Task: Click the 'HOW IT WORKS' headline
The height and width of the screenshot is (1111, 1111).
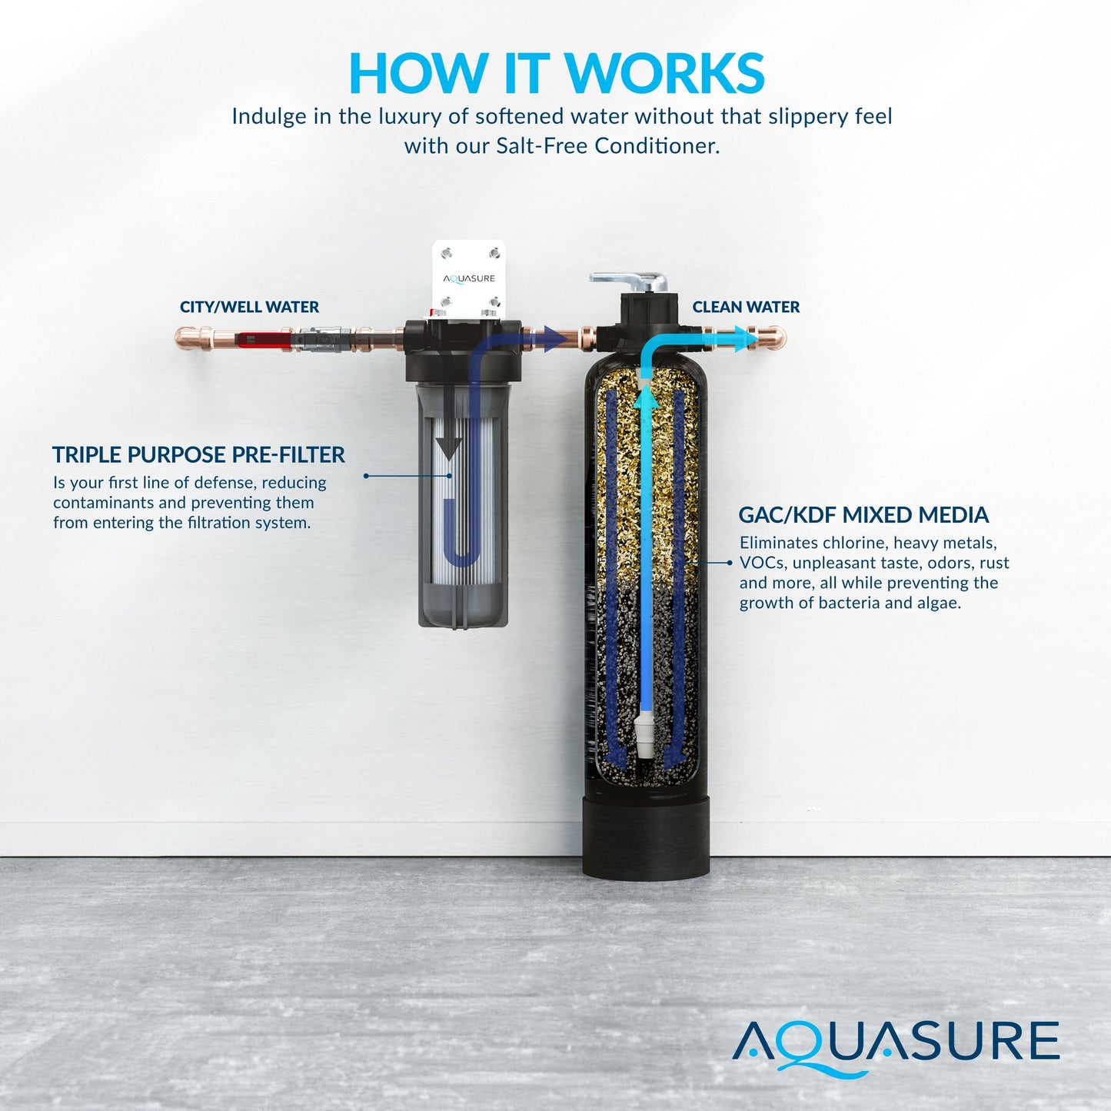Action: pyautogui.click(x=557, y=73)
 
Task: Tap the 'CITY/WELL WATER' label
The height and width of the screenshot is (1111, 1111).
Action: pyautogui.click(x=249, y=307)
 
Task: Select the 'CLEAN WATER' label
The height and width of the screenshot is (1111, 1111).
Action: pyautogui.click(x=746, y=307)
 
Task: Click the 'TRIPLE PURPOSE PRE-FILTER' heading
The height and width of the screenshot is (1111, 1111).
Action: pyautogui.click(x=198, y=455)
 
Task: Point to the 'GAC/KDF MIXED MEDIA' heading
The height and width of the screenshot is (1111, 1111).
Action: pyautogui.click(x=863, y=515)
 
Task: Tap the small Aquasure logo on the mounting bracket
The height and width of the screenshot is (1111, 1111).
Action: pyautogui.click(x=469, y=279)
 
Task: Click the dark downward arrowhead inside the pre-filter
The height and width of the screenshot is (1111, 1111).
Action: pyautogui.click(x=448, y=448)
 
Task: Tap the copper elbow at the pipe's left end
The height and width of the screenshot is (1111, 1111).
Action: pyautogui.click(x=186, y=338)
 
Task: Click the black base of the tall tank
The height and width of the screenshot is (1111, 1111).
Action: pyautogui.click(x=646, y=846)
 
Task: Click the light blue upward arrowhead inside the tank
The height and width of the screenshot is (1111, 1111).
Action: pyautogui.click(x=646, y=397)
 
